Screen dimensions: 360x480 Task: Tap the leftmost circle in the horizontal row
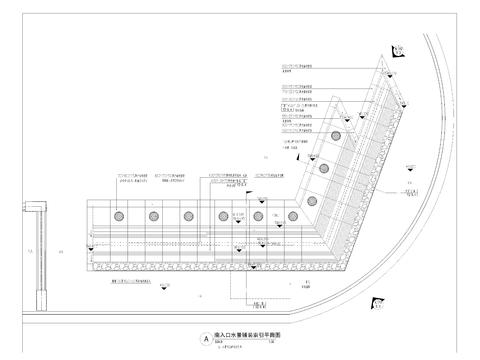coord(119,216)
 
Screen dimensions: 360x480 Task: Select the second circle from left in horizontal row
coord(154,216)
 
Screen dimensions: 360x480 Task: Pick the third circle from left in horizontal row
coord(188,216)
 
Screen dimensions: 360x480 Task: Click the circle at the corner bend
coord(293,217)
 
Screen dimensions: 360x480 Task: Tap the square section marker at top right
coord(398,48)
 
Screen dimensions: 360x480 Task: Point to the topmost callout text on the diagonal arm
coord(297,68)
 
